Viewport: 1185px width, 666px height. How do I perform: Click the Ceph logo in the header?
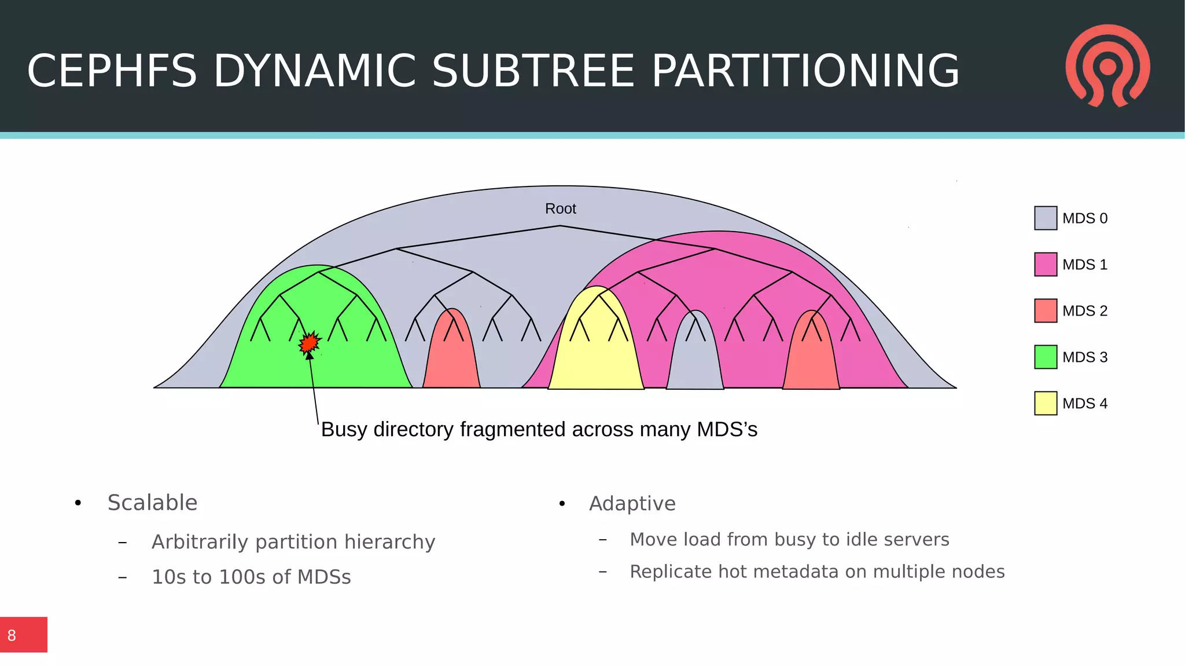(x=1107, y=65)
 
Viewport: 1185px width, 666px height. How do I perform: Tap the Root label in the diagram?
(x=560, y=208)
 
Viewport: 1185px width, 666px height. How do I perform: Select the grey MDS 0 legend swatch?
(x=1045, y=218)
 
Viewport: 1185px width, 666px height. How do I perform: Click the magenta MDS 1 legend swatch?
(x=1045, y=265)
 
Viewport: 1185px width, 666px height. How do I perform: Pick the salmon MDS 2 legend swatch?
(x=1045, y=311)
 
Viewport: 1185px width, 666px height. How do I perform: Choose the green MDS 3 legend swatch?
(x=1045, y=357)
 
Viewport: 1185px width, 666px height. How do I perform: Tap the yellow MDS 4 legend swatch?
(x=1045, y=404)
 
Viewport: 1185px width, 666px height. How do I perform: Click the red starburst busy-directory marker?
(x=310, y=343)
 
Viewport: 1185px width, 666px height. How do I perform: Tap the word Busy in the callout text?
(x=344, y=430)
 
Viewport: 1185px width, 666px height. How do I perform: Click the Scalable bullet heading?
(x=152, y=503)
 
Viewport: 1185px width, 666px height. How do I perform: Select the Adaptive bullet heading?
(x=632, y=504)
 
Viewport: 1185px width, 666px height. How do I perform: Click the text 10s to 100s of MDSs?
(x=251, y=577)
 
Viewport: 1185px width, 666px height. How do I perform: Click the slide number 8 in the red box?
(x=12, y=635)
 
